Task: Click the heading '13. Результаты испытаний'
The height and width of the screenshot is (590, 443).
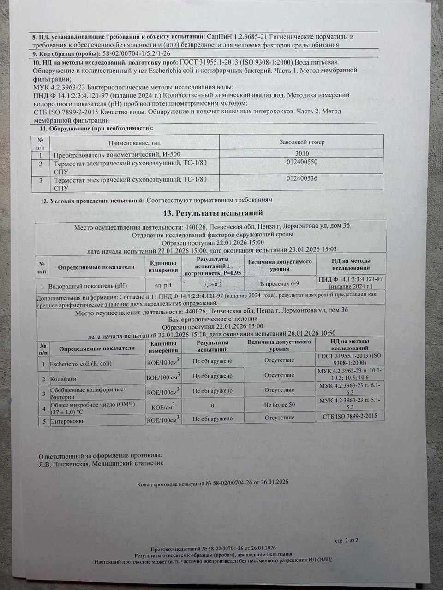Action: click(213, 213)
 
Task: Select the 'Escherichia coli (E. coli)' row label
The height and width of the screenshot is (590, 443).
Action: click(80, 364)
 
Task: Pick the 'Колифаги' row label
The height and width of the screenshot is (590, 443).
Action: click(63, 378)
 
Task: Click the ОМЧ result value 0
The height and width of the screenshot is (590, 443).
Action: click(212, 406)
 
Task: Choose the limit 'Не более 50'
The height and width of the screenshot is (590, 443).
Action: click(280, 405)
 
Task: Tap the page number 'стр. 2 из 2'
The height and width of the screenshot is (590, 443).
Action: click(346, 540)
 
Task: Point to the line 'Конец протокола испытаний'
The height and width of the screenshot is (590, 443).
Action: click(170, 484)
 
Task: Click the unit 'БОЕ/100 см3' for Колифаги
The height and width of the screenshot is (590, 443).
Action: click(163, 377)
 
